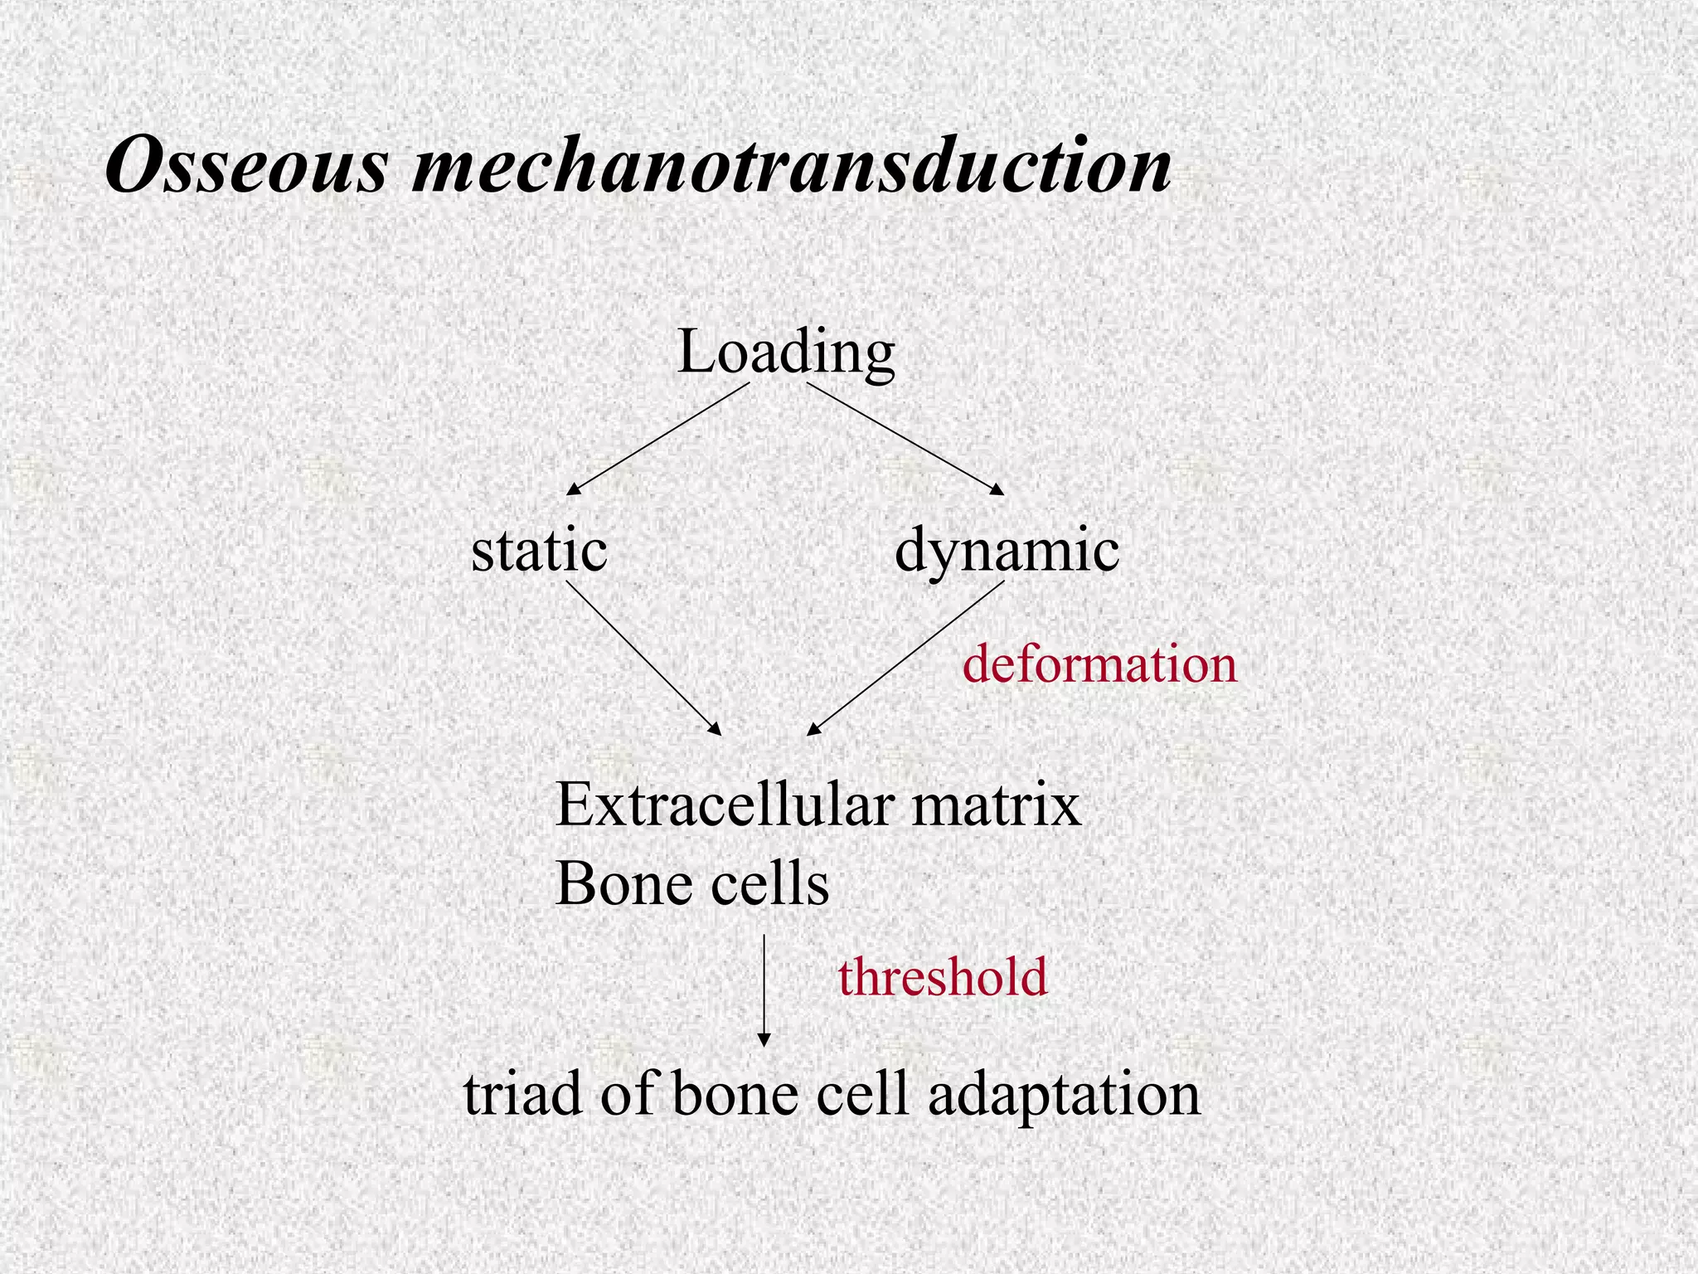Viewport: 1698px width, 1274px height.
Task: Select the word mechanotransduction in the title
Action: tap(792, 166)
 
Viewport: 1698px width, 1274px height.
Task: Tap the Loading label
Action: tap(786, 353)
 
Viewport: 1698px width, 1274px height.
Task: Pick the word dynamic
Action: tap(1007, 552)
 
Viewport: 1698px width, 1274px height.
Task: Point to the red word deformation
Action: tap(1099, 664)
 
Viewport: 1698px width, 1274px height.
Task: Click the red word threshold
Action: tap(943, 976)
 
